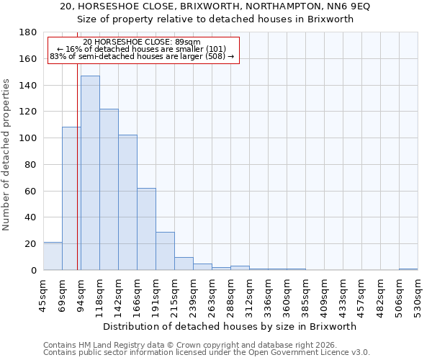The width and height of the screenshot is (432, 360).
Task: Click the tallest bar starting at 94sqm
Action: (90, 173)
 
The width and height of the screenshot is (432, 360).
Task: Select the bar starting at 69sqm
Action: (71, 198)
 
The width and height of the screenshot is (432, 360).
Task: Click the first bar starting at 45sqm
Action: (53, 256)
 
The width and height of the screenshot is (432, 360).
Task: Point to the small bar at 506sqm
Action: (408, 269)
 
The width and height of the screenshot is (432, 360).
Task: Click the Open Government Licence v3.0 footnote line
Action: (207, 353)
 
